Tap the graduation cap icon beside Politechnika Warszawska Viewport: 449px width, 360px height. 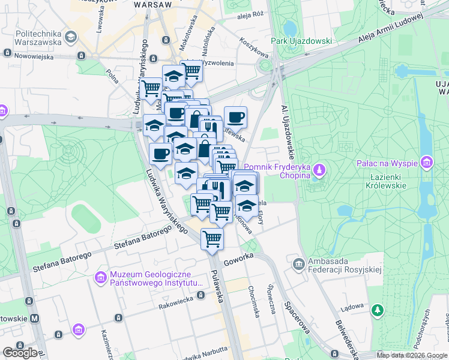pyautogui.click(x=71, y=38)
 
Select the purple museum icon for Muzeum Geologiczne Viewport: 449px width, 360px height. pyautogui.click(x=100, y=277)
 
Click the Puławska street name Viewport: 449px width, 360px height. pyautogui.click(x=217, y=276)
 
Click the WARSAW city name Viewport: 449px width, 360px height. pyautogui.click(x=154, y=4)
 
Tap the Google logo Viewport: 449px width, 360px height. pyautogui.click(x=20, y=352)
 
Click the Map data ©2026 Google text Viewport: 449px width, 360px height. pyautogui.click(x=412, y=355)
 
